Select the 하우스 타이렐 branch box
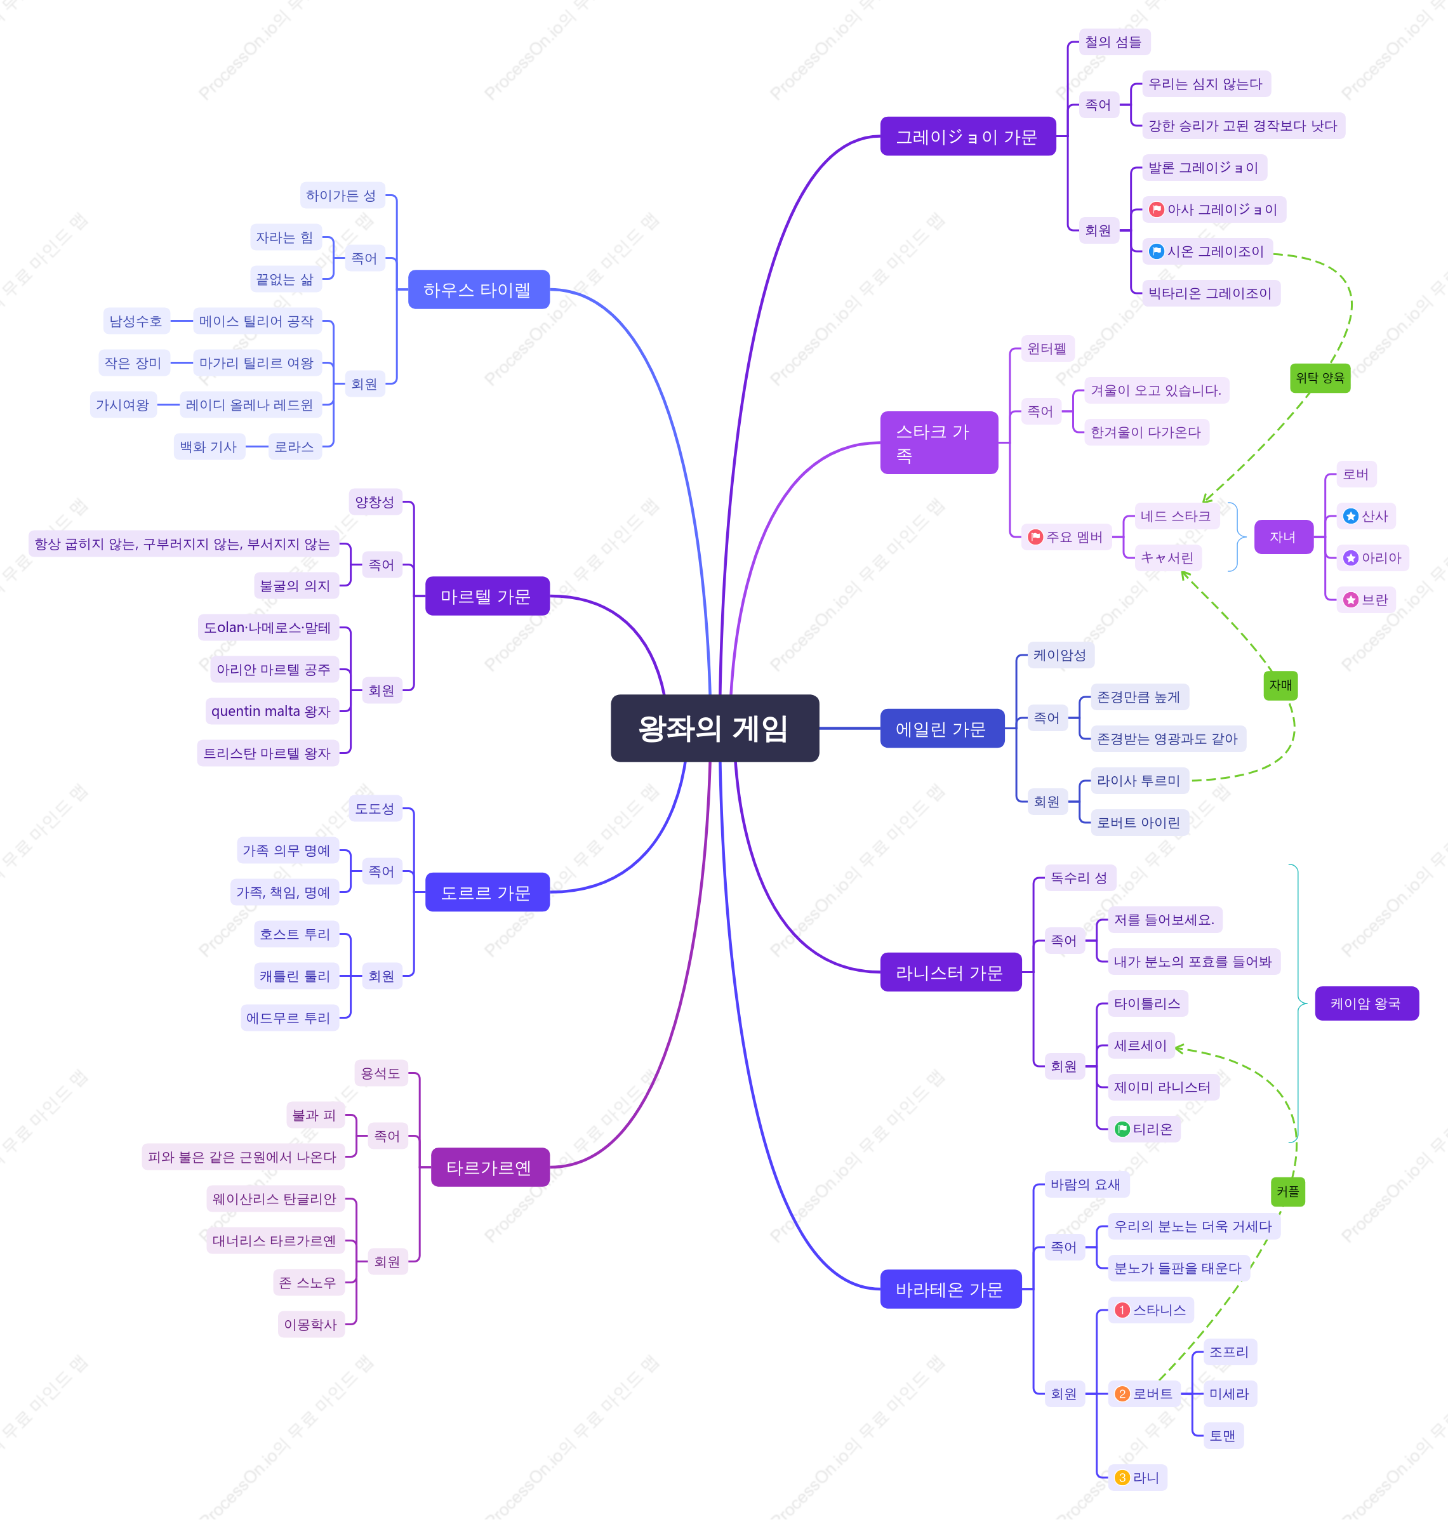tap(479, 289)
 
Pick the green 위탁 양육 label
tap(1320, 378)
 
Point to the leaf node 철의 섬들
tap(1114, 42)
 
